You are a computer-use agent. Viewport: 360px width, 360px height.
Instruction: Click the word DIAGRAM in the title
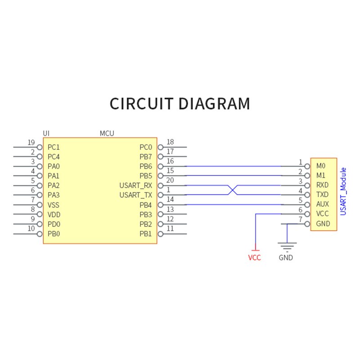tap(214, 104)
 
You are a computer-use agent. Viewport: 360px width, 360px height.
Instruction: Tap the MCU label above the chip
tap(107, 133)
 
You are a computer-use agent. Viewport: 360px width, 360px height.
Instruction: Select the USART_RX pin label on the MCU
tap(136, 185)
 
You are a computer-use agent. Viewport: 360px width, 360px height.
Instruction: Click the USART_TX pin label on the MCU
tap(136, 195)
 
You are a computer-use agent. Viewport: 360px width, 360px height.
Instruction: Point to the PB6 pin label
tap(146, 166)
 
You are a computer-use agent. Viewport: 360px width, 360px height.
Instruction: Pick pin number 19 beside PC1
tap(31, 143)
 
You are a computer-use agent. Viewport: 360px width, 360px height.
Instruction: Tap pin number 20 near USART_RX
tap(170, 180)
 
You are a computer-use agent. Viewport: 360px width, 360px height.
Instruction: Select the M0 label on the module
tap(320, 166)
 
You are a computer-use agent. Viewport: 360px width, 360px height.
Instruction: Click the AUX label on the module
tap(323, 204)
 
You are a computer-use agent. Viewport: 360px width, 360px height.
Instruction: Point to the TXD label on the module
tap(323, 195)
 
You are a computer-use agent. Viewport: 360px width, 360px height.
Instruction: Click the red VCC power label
tap(254, 258)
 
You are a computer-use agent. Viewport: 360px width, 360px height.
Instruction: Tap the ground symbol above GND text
tap(287, 246)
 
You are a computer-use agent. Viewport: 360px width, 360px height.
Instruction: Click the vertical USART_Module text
tap(343, 191)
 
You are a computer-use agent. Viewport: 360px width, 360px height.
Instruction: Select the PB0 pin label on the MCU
tap(54, 234)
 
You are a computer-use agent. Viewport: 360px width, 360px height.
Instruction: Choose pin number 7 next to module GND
tap(300, 219)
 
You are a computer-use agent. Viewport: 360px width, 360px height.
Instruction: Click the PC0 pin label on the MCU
tap(146, 147)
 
